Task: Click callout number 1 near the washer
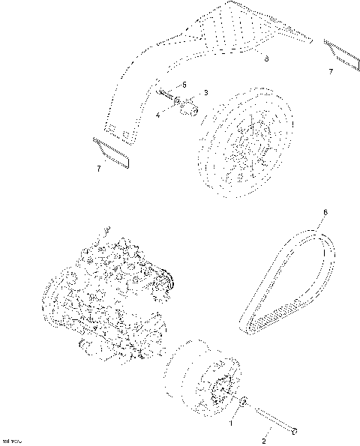(x=231, y=423)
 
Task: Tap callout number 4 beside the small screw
(x=158, y=115)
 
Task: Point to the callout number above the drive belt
(x=324, y=213)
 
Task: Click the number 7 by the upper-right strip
(x=330, y=71)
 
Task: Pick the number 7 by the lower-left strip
(x=98, y=169)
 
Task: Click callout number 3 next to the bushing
(x=205, y=93)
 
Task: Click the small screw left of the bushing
(x=170, y=97)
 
